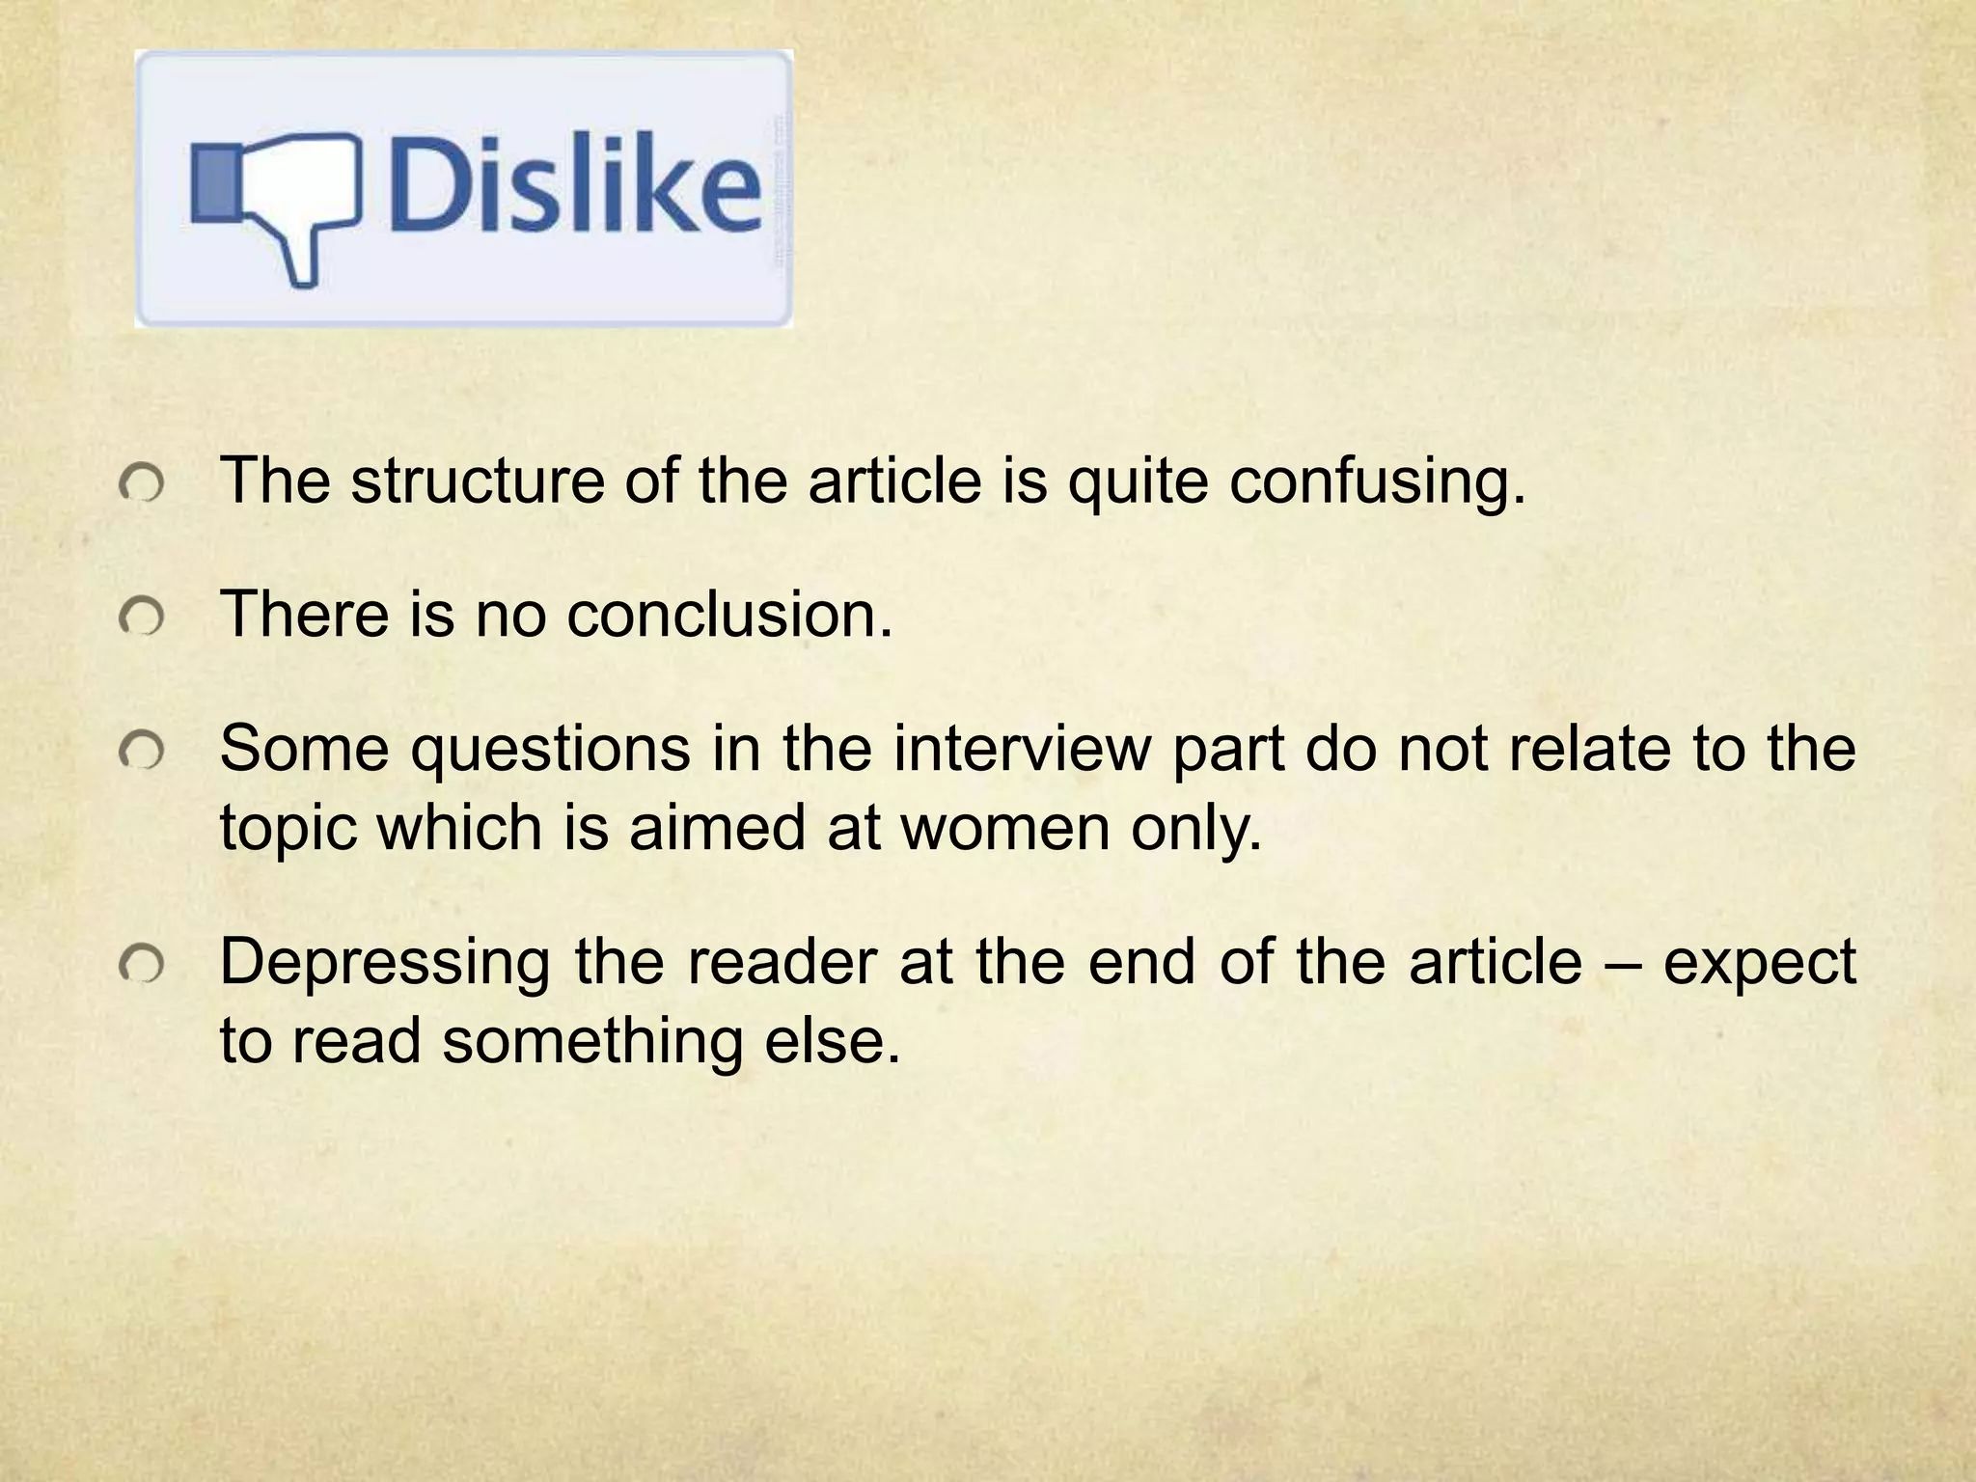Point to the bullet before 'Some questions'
(142, 752)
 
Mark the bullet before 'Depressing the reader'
(142, 965)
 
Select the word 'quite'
(1138, 482)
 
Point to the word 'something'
(593, 1043)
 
